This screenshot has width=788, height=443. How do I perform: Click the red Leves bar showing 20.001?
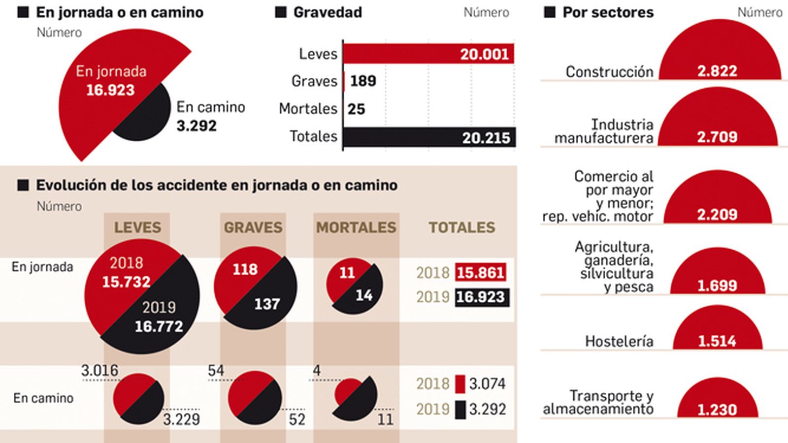pos(428,54)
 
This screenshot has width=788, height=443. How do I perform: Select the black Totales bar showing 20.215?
pos(428,137)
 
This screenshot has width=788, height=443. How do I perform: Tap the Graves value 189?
pos(363,81)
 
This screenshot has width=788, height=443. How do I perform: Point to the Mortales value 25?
pos(357,109)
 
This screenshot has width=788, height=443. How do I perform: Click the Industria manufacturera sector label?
pos(605,131)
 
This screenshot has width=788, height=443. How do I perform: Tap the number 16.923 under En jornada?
pos(110,90)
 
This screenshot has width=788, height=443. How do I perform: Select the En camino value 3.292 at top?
pos(197,126)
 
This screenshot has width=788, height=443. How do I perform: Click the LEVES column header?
pos(137,227)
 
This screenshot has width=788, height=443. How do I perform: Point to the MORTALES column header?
pos(356,227)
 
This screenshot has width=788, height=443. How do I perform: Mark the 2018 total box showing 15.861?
pos(480,272)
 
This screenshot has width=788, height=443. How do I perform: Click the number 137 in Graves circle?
pos(267,304)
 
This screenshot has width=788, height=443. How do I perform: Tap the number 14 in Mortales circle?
pos(364,295)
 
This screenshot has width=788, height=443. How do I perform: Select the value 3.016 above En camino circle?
pos(99,370)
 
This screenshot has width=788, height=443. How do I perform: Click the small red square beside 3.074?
pos(460,384)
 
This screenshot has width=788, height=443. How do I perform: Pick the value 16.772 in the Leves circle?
pos(159,326)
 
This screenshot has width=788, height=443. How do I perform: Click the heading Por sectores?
pos(608,12)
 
